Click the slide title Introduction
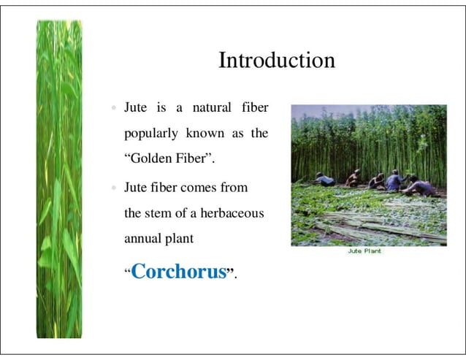click(x=277, y=60)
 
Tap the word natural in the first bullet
click(x=211, y=108)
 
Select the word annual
click(x=143, y=238)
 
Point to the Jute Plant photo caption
click(x=365, y=250)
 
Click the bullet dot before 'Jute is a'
click(x=113, y=109)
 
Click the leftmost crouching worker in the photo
click(x=324, y=180)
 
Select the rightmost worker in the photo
click(x=421, y=186)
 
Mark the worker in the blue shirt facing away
click(x=394, y=181)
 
